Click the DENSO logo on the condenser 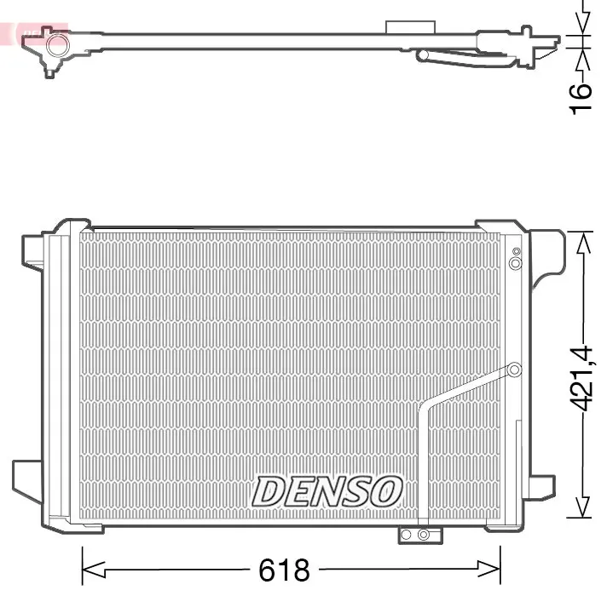[x=327, y=491]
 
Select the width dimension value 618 [x=286, y=569]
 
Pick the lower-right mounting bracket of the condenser [x=541, y=487]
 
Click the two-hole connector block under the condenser [x=419, y=535]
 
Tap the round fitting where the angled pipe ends [x=514, y=370]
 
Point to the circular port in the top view [x=57, y=45]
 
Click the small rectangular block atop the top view [x=404, y=28]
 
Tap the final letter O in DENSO [x=386, y=491]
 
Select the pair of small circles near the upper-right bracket [x=515, y=259]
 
